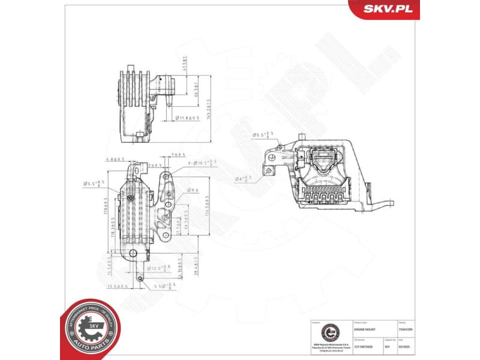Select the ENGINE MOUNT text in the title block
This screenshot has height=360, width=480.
tap(367, 330)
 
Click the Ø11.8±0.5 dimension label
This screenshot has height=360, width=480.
tap(185, 118)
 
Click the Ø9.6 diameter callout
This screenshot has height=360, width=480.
tap(193, 190)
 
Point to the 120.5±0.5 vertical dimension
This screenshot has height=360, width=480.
tap(206, 207)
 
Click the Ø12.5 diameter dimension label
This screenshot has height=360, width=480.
tap(158, 268)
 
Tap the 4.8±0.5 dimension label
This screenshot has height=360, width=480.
tap(114, 160)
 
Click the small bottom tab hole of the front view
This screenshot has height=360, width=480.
tap(140, 278)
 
